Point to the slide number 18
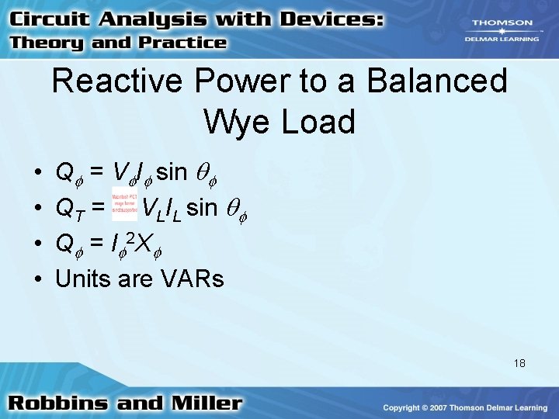[x=519, y=362]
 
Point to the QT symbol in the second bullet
[x=69, y=206]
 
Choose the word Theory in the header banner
[x=47, y=43]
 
